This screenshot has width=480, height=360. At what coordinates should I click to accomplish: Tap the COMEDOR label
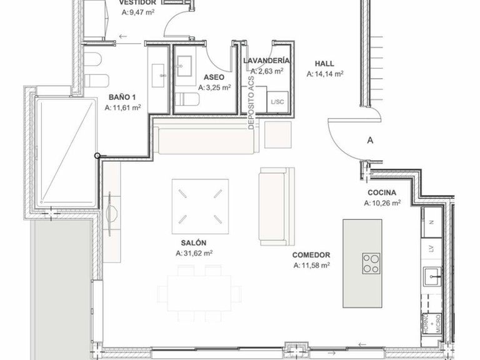[x=311, y=255]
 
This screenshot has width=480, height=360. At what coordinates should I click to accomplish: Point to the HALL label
[x=324, y=63]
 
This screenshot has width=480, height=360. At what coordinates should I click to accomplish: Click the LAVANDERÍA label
[x=266, y=61]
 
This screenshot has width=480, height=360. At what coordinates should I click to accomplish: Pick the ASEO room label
[x=214, y=77]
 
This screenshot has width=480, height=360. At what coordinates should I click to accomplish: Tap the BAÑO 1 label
[x=122, y=97]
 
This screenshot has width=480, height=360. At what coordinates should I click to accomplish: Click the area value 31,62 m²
[x=195, y=253]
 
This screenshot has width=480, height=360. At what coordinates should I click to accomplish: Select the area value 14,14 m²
[x=325, y=74]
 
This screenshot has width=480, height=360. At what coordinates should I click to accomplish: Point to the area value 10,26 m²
[x=382, y=203]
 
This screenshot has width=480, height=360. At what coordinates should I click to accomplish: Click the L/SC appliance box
[x=277, y=101]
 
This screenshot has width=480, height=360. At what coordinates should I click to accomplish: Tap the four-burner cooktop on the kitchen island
[x=371, y=262]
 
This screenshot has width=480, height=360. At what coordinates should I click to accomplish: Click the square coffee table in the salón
[x=201, y=202]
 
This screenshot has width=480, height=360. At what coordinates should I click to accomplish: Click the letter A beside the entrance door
[x=370, y=141]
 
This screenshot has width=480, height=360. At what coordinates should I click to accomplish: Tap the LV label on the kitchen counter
[x=431, y=248]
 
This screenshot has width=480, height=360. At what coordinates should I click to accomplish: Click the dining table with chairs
[x=199, y=288]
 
